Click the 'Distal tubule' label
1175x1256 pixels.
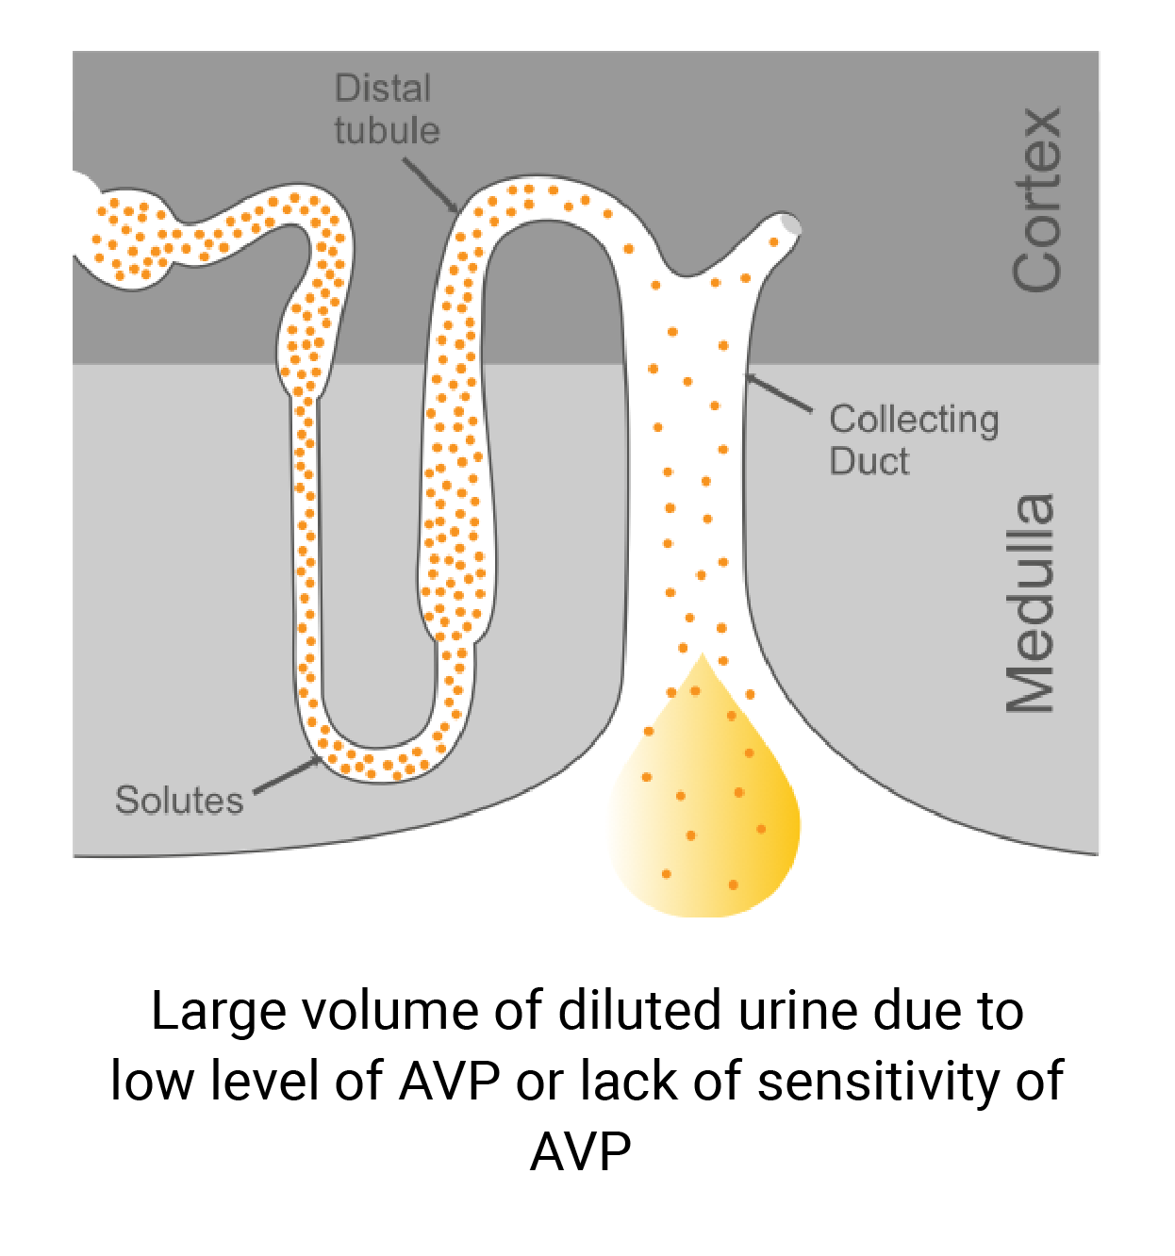click(x=387, y=109)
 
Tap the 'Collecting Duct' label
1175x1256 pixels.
click(x=913, y=440)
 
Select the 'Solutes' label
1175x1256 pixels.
click(x=179, y=801)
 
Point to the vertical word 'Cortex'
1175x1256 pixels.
click(x=1036, y=199)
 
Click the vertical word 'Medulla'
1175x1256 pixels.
click(x=1029, y=603)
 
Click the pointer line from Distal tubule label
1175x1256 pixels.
click(x=430, y=185)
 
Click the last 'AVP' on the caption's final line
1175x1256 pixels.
click(x=581, y=1150)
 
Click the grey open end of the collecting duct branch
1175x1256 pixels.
click(x=790, y=225)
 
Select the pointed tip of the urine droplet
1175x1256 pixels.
click(x=702, y=657)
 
